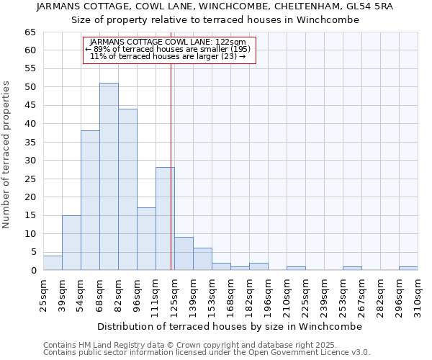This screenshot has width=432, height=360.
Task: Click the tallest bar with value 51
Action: point(109,176)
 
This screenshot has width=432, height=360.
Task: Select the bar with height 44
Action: point(127,189)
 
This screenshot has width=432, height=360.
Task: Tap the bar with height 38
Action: point(90,200)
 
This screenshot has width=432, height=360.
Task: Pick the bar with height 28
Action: point(165,219)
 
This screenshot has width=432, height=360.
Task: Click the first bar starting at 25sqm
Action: point(53,263)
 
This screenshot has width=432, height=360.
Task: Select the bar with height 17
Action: point(146,239)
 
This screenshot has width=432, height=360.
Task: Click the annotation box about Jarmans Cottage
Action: point(169,50)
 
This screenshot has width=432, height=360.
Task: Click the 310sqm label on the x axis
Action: point(418,295)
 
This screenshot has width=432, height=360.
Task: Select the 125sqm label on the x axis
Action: point(174,295)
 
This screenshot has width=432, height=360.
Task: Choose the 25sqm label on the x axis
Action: point(43,295)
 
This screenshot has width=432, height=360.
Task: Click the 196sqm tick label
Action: point(268,295)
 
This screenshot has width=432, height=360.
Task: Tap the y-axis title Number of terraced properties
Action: point(7,155)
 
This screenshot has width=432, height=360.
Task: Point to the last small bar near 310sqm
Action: point(408,269)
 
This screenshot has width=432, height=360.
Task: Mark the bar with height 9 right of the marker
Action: point(184,253)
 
